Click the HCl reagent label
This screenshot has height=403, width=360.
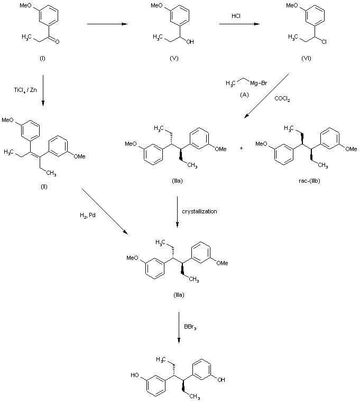[237, 16]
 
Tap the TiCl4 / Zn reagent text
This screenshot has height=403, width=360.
[25, 90]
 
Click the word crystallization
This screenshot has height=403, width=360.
[199, 211]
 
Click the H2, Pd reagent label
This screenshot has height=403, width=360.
[84, 214]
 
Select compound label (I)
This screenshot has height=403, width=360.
[42, 58]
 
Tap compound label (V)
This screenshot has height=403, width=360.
[174, 58]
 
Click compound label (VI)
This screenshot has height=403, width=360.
[306, 58]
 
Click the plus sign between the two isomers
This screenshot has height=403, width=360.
[242, 149]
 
